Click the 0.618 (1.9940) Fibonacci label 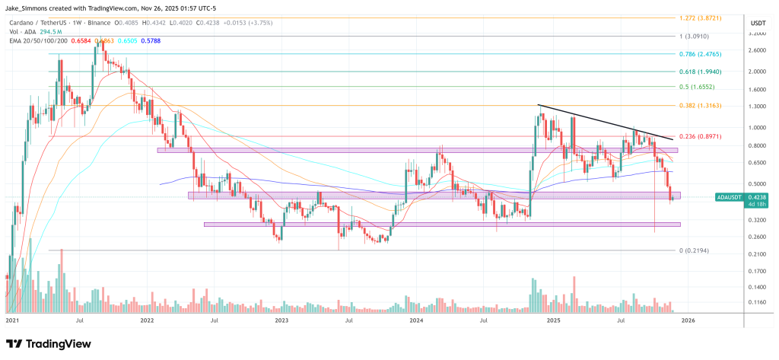(700, 72)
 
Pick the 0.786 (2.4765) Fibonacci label (700, 54)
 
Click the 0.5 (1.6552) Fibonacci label (696, 88)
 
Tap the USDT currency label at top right (758, 22)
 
